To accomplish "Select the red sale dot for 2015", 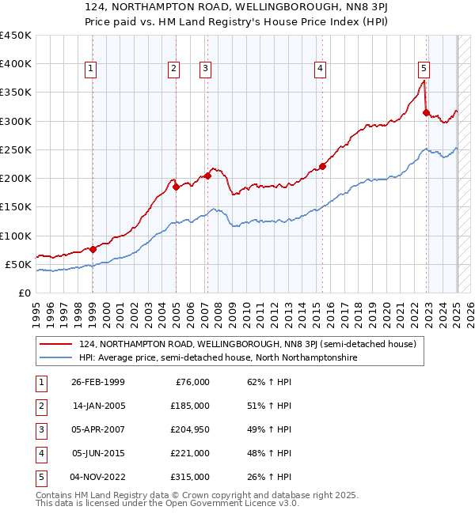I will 323,166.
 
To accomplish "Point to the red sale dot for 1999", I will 93,249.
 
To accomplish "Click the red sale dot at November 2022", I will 426,112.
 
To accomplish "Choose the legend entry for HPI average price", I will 218,357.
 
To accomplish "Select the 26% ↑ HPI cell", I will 268,477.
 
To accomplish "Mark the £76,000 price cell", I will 190,382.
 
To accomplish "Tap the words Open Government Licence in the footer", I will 242,503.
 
